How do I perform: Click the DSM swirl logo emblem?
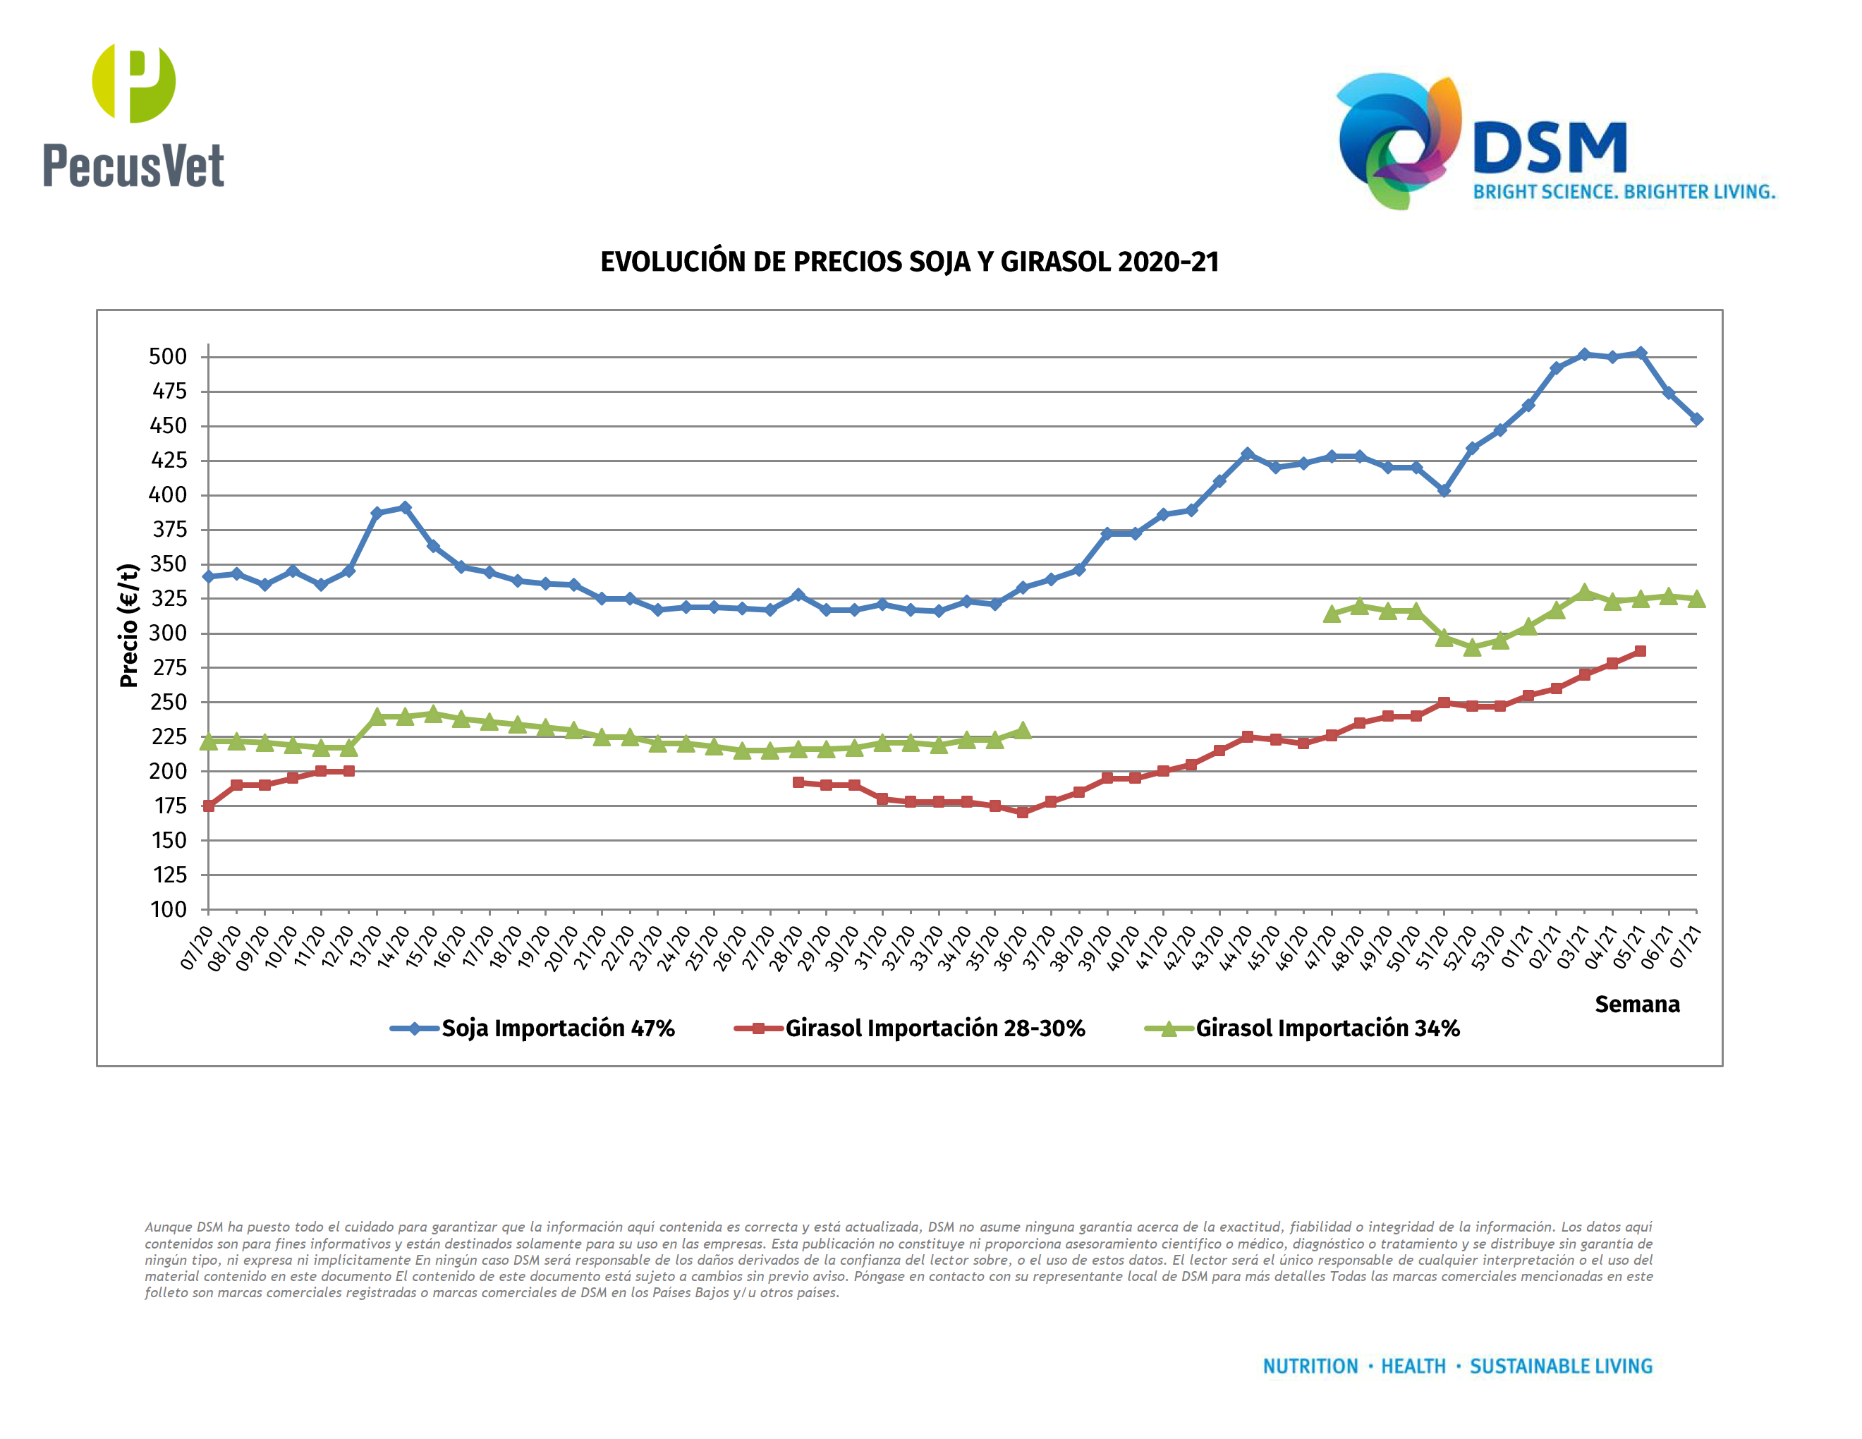tap(1398, 140)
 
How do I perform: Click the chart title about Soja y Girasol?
tap(909, 262)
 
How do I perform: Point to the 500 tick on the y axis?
tap(168, 357)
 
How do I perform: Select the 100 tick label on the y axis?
tap(168, 910)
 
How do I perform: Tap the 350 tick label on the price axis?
tap(168, 564)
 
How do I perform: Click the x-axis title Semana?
tap(1636, 1004)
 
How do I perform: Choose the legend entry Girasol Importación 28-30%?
tap(935, 1028)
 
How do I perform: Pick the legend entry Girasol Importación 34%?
tap(1327, 1028)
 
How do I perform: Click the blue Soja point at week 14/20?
tap(405, 507)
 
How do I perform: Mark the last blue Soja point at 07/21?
tap(1696, 420)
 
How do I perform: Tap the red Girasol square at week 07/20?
tap(209, 806)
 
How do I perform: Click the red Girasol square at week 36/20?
tap(1022, 813)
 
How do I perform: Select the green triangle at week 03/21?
tap(1584, 593)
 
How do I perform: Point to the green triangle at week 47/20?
tap(1332, 614)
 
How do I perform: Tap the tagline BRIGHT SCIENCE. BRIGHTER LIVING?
tap(1624, 192)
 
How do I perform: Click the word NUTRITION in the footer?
tap(1310, 1366)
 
